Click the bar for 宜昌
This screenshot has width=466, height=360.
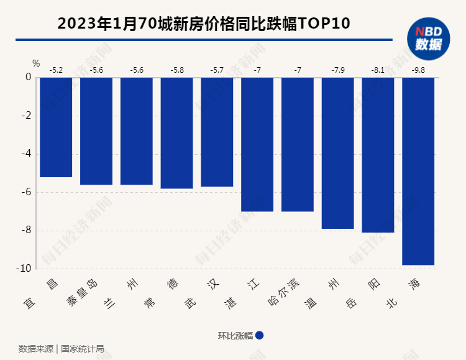click(x=56, y=127)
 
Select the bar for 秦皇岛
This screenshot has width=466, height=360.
click(x=96, y=131)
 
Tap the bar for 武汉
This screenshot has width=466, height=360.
click(x=217, y=132)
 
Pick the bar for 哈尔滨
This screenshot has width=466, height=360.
click(x=298, y=144)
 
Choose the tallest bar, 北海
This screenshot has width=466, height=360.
click(x=418, y=171)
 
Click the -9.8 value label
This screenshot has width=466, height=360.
click(x=418, y=70)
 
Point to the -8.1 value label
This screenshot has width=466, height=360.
click(x=378, y=70)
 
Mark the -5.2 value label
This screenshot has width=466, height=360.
click(x=56, y=70)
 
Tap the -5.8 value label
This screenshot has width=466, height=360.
click(x=176, y=70)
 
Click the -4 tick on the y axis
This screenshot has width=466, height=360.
click(x=27, y=154)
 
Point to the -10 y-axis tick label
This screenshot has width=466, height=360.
click(x=25, y=269)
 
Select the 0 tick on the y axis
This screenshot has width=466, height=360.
click(x=29, y=78)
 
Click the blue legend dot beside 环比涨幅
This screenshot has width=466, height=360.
click(x=260, y=335)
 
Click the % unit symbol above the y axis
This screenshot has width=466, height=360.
click(x=36, y=63)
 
